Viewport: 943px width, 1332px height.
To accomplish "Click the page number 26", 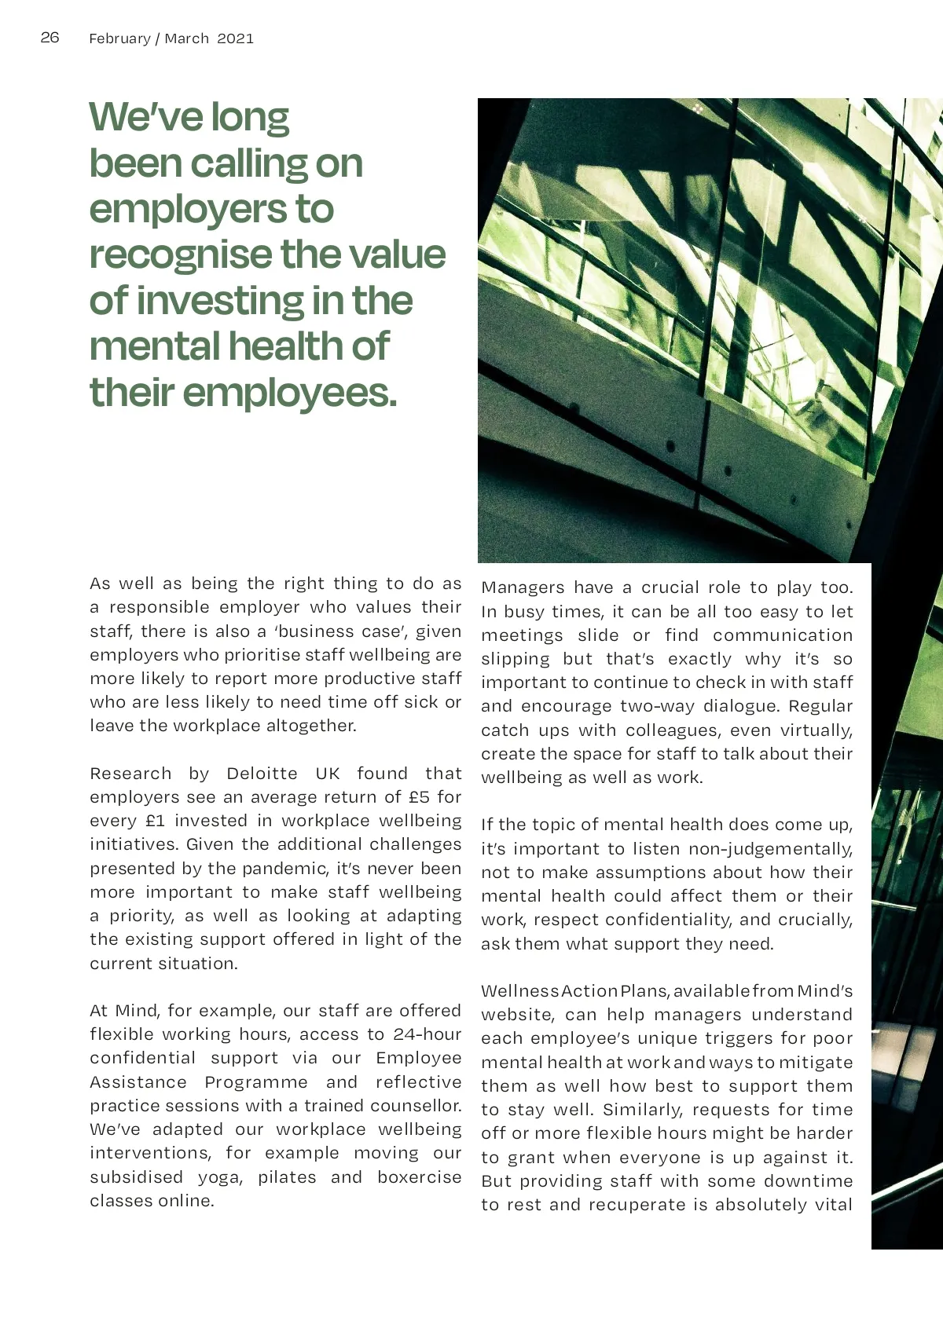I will point(50,38).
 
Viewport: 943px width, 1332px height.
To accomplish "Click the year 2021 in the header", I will point(236,38).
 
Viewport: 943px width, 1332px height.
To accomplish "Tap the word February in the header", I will point(119,38).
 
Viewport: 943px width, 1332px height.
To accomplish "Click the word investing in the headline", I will point(219,301).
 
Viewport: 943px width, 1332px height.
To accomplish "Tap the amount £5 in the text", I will point(420,797).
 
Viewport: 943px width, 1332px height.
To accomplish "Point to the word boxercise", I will point(419,1177).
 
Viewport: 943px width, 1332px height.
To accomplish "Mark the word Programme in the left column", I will point(256,1082).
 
